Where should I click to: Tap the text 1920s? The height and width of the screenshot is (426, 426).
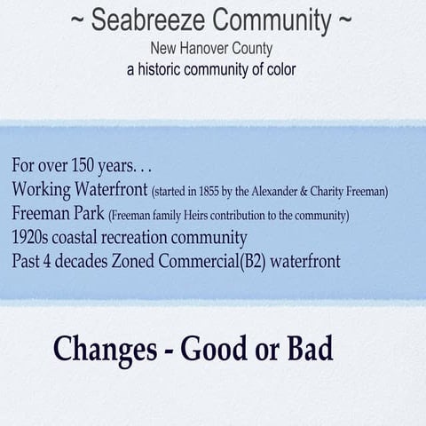pyautogui.click(x=33, y=238)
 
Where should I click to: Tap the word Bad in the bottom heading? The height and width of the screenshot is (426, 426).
pyautogui.click(x=311, y=348)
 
